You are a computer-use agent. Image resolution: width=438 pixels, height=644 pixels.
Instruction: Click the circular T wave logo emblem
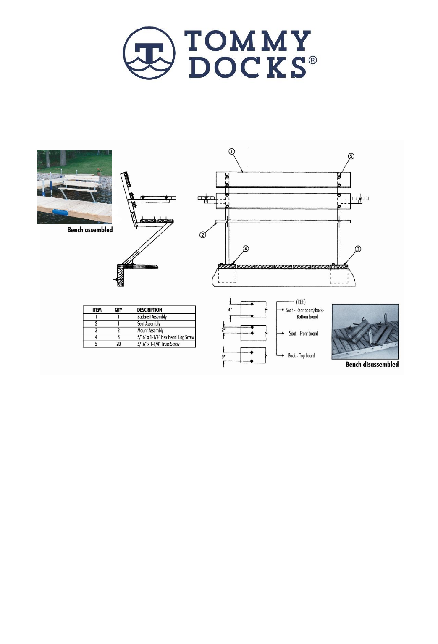pyautogui.click(x=149, y=53)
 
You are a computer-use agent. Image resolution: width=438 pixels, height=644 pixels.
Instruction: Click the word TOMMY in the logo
pyautogui.click(x=248, y=41)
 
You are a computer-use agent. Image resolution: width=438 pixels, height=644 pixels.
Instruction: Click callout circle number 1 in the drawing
pyautogui.click(x=232, y=152)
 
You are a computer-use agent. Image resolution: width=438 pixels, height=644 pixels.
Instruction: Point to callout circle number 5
pyautogui.click(x=351, y=156)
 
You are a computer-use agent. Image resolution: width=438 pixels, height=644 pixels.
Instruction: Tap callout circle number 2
pyautogui.click(x=202, y=235)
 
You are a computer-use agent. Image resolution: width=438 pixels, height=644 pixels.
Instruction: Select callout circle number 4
pyautogui.click(x=246, y=249)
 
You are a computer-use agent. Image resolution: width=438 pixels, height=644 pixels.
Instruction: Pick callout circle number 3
pyautogui.click(x=358, y=249)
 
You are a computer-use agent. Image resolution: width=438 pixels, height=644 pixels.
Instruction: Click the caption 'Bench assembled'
pyautogui.click(x=90, y=230)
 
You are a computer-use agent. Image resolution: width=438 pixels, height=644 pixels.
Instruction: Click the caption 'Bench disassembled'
pyautogui.click(x=372, y=364)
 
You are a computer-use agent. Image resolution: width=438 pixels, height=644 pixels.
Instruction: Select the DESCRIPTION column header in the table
pyautogui.click(x=149, y=310)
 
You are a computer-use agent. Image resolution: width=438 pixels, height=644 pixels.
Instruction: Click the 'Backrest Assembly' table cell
pyautogui.click(x=152, y=317)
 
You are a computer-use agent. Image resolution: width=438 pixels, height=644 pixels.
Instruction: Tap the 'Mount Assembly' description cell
pyautogui.click(x=150, y=331)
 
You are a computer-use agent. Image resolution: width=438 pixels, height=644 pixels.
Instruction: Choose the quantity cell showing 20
pyautogui.click(x=118, y=344)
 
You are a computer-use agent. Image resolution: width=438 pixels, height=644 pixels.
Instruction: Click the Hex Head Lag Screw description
pyautogui.click(x=166, y=337)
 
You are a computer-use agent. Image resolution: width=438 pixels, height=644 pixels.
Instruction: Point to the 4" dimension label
pyautogui.click(x=229, y=310)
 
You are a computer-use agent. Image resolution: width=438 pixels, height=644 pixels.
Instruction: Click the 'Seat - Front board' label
pyautogui.click(x=303, y=334)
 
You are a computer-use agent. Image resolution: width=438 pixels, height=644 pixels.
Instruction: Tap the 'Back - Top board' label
pyautogui.click(x=301, y=356)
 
